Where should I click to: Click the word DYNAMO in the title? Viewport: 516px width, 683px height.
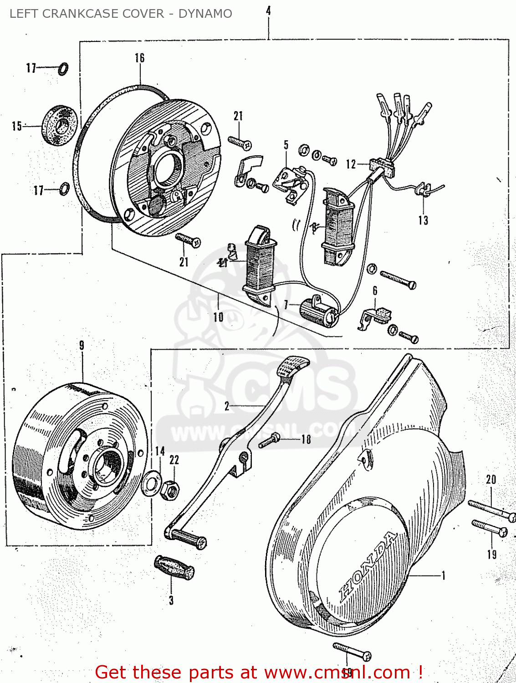205,14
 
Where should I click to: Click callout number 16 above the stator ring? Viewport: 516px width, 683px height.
139,58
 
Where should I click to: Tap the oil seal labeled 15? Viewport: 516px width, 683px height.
60,126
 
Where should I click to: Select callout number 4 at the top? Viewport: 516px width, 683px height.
269,10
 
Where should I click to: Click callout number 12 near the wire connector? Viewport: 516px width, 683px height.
351,164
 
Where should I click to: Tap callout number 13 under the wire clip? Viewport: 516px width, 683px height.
423,220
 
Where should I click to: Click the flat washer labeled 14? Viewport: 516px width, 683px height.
151,484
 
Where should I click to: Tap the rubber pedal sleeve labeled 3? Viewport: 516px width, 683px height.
175,568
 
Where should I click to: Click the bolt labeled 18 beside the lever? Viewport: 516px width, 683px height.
270,441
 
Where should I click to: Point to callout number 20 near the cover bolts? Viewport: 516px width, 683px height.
491,479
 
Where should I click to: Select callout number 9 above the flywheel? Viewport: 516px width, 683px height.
82,346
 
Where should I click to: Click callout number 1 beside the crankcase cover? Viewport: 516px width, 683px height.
443,576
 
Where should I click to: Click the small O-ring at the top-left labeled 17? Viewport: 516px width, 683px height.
63,69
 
